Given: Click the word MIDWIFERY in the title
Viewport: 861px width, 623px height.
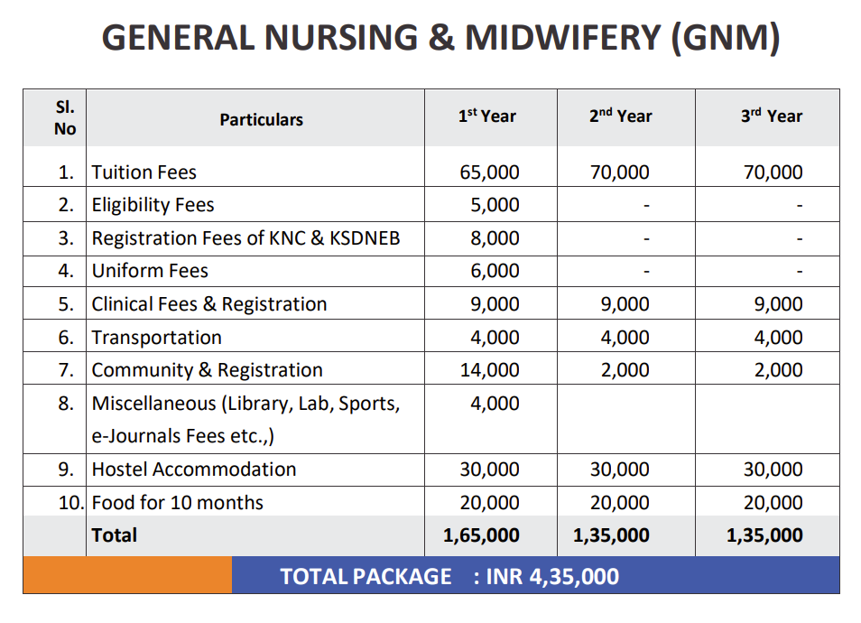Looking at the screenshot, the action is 563,38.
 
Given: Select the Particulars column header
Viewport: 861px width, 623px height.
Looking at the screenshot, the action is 262,120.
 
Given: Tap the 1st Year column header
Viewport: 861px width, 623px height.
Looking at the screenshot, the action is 487,116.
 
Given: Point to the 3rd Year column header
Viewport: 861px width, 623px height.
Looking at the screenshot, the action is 772,116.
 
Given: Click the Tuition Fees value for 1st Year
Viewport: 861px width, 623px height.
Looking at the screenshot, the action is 489,172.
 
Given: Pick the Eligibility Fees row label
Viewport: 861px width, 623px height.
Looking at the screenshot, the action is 153,205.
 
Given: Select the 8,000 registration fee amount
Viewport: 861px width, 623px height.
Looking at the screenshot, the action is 495,238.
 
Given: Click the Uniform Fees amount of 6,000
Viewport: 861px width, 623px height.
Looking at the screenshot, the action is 495,271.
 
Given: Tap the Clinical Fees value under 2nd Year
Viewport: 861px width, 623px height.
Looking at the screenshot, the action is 625,304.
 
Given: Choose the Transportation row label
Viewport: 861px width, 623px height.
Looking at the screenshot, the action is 156,338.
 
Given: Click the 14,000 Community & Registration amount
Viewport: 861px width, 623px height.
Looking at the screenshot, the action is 489,370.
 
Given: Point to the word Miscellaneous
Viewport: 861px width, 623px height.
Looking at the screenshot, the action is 153,404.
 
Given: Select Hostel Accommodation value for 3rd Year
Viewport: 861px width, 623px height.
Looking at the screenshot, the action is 773,470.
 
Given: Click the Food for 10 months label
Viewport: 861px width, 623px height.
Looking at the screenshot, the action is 178,503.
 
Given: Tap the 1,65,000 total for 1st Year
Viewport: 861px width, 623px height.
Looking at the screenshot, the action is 481,535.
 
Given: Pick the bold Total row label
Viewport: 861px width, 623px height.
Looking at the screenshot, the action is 115,535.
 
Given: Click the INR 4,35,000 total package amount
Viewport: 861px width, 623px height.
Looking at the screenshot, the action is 552,577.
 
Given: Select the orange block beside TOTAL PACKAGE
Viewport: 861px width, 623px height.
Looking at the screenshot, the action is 127,575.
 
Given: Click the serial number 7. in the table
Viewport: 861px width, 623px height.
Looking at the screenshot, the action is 66,370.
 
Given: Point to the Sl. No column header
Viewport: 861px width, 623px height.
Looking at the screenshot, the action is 65,118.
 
